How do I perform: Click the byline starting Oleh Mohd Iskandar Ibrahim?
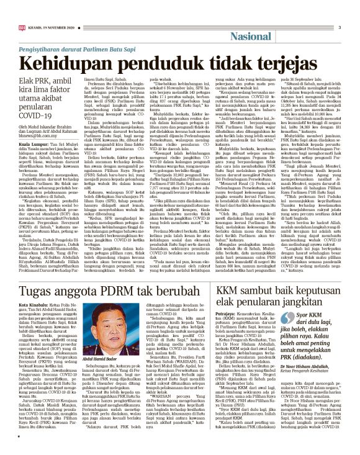pyautogui.click(x=53, y=146)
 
